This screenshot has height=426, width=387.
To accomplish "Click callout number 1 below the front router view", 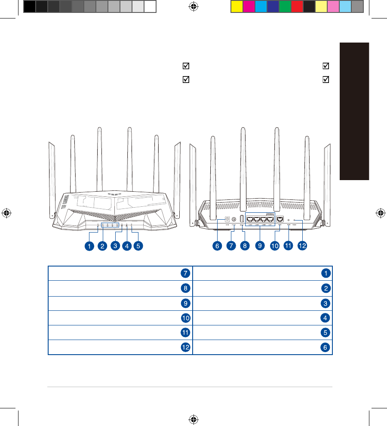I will pyautogui.click(x=89, y=246).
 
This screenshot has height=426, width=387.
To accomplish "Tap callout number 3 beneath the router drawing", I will pyautogui.click(x=115, y=246).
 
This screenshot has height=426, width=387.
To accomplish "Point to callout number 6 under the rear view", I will pyautogui.click(x=217, y=246).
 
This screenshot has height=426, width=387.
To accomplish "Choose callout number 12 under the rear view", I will pyautogui.click(x=304, y=246).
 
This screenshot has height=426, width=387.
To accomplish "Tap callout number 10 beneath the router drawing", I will pyautogui.click(x=275, y=246).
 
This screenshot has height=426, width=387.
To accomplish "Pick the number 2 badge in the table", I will pyautogui.click(x=326, y=288).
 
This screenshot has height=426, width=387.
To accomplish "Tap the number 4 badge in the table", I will pyautogui.click(x=326, y=318).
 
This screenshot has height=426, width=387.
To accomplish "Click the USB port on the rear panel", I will pyautogui.click(x=242, y=219).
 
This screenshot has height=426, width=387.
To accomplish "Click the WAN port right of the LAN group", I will pyautogui.click(x=280, y=219).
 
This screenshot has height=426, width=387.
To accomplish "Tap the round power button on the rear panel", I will pyautogui.click(x=234, y=220).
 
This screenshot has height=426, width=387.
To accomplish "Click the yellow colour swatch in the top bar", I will pyautogui.click(x=236, y=6).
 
